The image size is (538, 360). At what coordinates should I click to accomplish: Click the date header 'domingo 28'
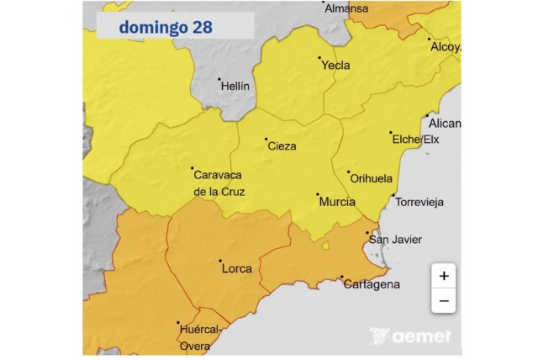click(166, 27)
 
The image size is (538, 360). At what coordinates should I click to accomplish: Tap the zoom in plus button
click(443, 275)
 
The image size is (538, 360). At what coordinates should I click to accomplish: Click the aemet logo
click(411, 336)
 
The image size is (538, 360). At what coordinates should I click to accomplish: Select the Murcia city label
click(337, 203)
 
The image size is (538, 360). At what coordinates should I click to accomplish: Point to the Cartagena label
click(372, 284)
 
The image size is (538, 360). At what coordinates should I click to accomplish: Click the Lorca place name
click(236, 269)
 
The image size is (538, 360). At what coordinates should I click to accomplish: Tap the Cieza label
click(282, 146)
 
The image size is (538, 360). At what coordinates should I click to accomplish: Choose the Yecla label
click(336, 66)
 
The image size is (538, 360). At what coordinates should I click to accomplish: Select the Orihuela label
click(371, 179)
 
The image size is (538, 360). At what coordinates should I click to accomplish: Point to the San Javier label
click(396, 240)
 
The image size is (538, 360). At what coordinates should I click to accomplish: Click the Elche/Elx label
click(416, 140)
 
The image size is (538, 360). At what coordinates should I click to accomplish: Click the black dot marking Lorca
click(220, 261)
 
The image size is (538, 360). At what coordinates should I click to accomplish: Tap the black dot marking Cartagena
click(342, 277)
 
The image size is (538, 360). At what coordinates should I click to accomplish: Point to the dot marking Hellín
click(219, 80)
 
